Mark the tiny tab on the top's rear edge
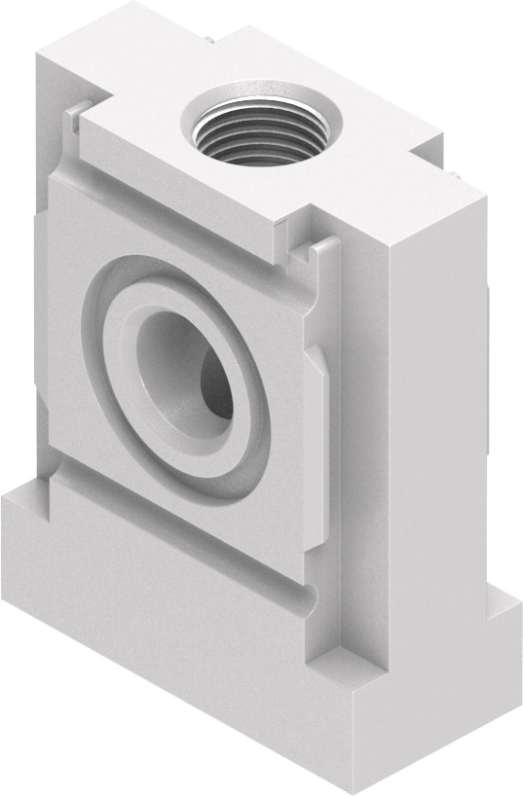(x=210, y=40)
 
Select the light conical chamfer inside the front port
(x=161, y=360)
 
